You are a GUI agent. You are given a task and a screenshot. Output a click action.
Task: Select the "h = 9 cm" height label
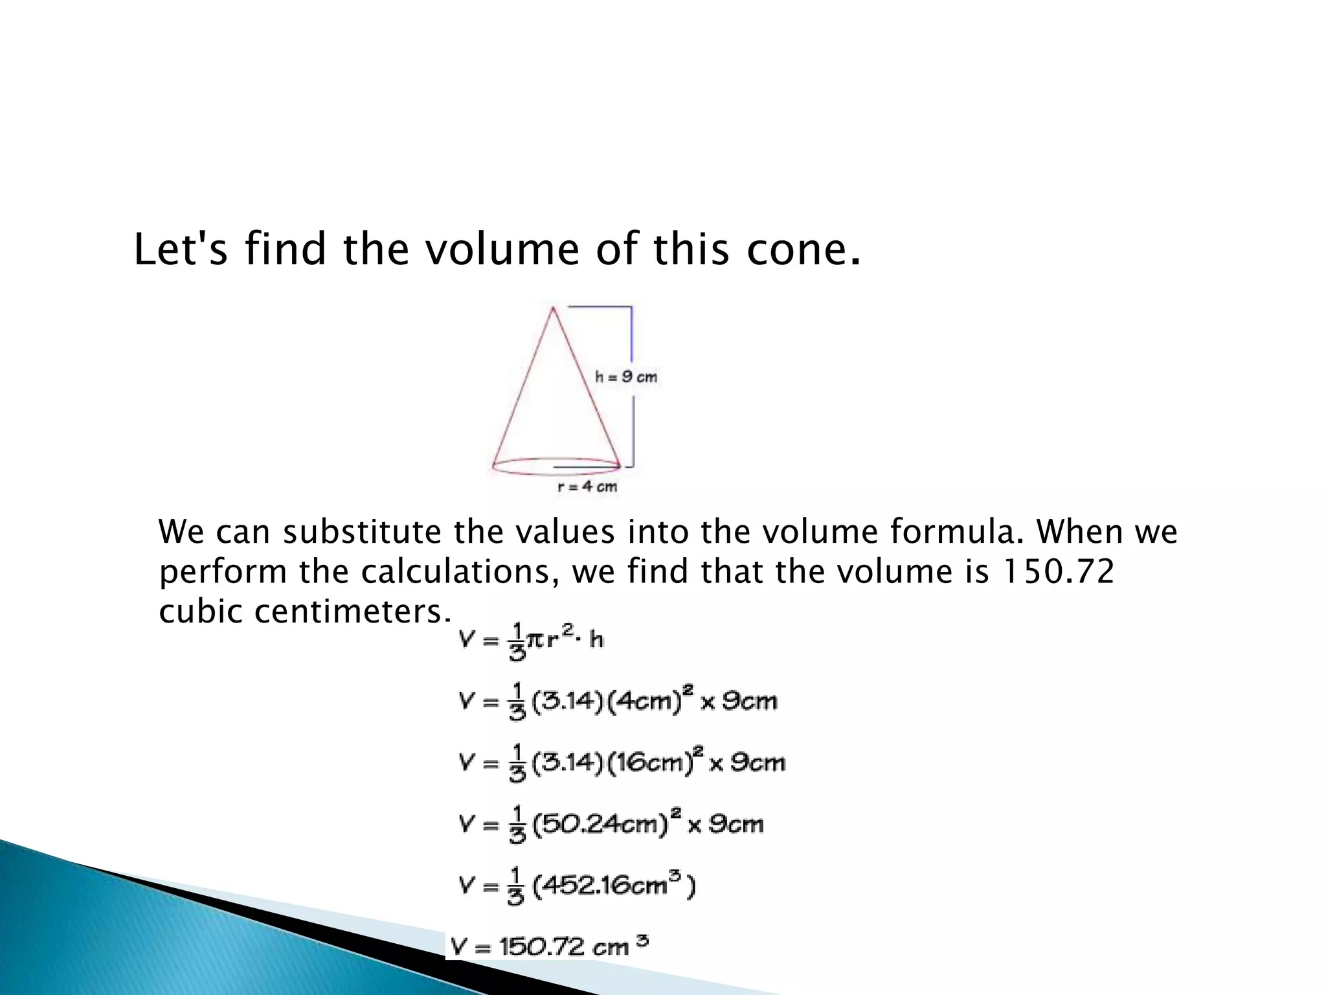(626, 376)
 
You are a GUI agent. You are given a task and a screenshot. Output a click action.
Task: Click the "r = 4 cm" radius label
(587, 486)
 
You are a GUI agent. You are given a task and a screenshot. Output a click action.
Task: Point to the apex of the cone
(553, 308)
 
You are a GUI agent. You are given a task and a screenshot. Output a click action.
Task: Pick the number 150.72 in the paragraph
(1057, 571)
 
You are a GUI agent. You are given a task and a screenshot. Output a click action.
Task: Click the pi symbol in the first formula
(534, 640)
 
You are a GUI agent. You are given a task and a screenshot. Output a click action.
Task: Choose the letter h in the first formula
(596, 640)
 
